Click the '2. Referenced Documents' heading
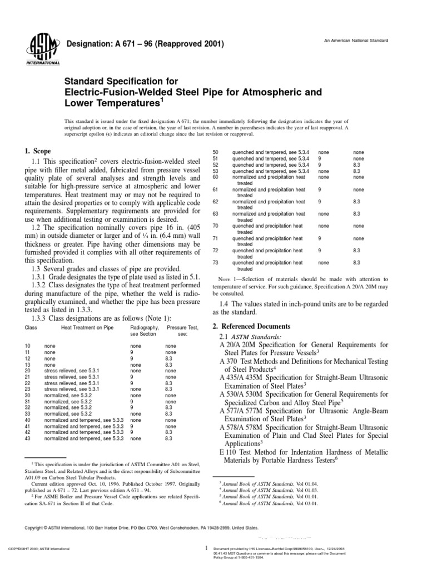tap(251, 326)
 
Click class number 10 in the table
tap(28, 346)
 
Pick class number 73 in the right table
tap(217, 262)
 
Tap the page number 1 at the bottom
tap(206, 548)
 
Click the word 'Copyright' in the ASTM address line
tap(38, 527)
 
